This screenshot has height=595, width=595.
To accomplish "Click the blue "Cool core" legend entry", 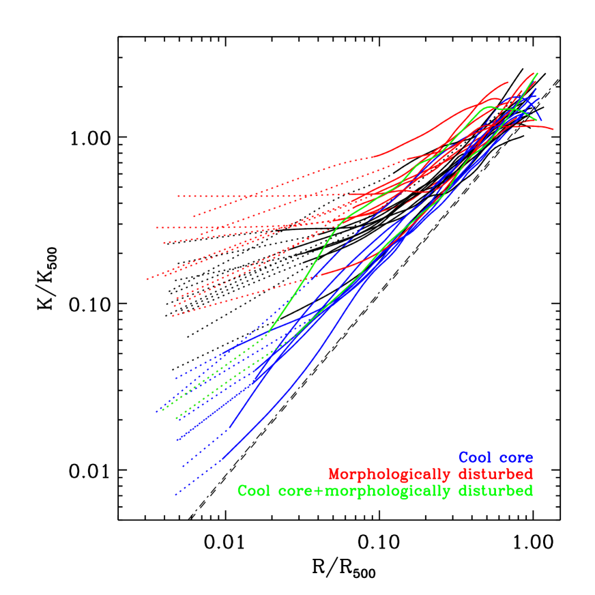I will click(495, 458).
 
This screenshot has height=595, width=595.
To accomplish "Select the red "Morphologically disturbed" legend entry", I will click(431, 474).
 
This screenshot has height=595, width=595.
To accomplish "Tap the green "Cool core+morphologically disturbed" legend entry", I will click(385, 491).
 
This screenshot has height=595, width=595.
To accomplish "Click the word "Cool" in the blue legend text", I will click(475, 458).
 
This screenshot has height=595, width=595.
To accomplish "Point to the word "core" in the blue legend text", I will click(517, 458).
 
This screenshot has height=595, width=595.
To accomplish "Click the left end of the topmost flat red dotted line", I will click(177, 196).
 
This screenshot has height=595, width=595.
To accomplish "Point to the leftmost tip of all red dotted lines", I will click(147, 279).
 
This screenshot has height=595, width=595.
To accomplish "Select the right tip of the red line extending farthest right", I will click(553, 129).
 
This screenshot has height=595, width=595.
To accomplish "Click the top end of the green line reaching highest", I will click(537, 73).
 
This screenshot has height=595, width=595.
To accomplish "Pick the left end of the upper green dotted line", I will click(162, 410).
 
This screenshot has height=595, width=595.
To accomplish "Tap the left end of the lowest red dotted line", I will click(173, 316).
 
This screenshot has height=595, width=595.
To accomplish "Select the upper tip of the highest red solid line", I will click(508, 82).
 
